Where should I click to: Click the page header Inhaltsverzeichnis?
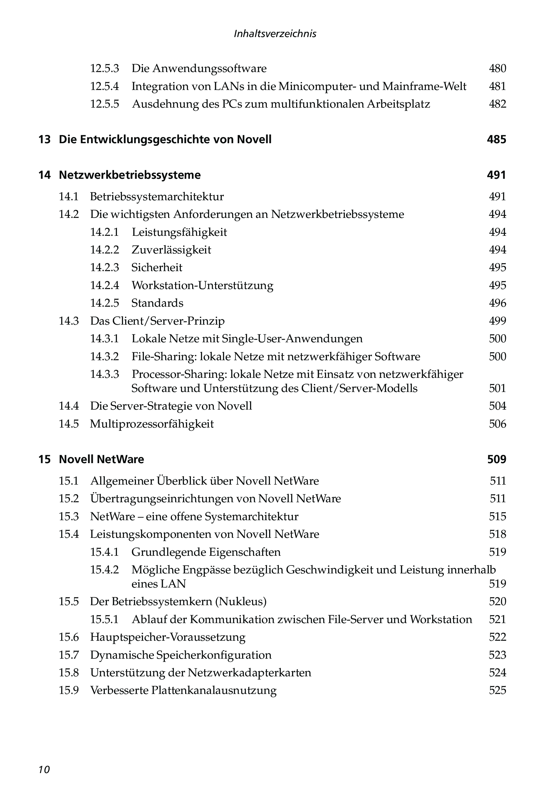275,34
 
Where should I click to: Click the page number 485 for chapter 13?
496,140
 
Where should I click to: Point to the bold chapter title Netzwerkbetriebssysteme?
130,175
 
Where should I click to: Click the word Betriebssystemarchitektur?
157,197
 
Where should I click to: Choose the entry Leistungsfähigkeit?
179,232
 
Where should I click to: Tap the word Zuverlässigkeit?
171,250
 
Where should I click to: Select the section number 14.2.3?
104,268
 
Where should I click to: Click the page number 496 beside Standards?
497,303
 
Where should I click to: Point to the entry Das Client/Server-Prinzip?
157,321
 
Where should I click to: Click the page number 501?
497,388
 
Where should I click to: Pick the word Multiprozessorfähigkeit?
152,424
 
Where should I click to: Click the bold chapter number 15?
44,459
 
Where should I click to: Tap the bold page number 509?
497,459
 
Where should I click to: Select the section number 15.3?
69,516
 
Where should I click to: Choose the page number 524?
497,672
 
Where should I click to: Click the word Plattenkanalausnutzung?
214,690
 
